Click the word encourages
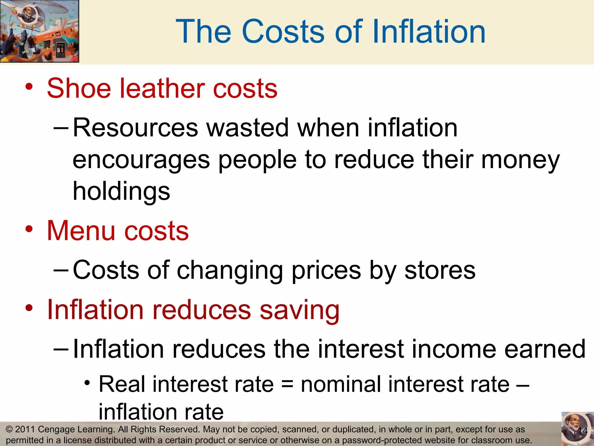pos(141,160)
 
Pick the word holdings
pos(121,192)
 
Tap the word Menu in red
pos(81,231)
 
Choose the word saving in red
pos(299,310)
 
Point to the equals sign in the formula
pos(287,384)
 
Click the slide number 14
pos(582,431)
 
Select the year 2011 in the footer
pos(25,429)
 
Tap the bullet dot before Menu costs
pos(29,229)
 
